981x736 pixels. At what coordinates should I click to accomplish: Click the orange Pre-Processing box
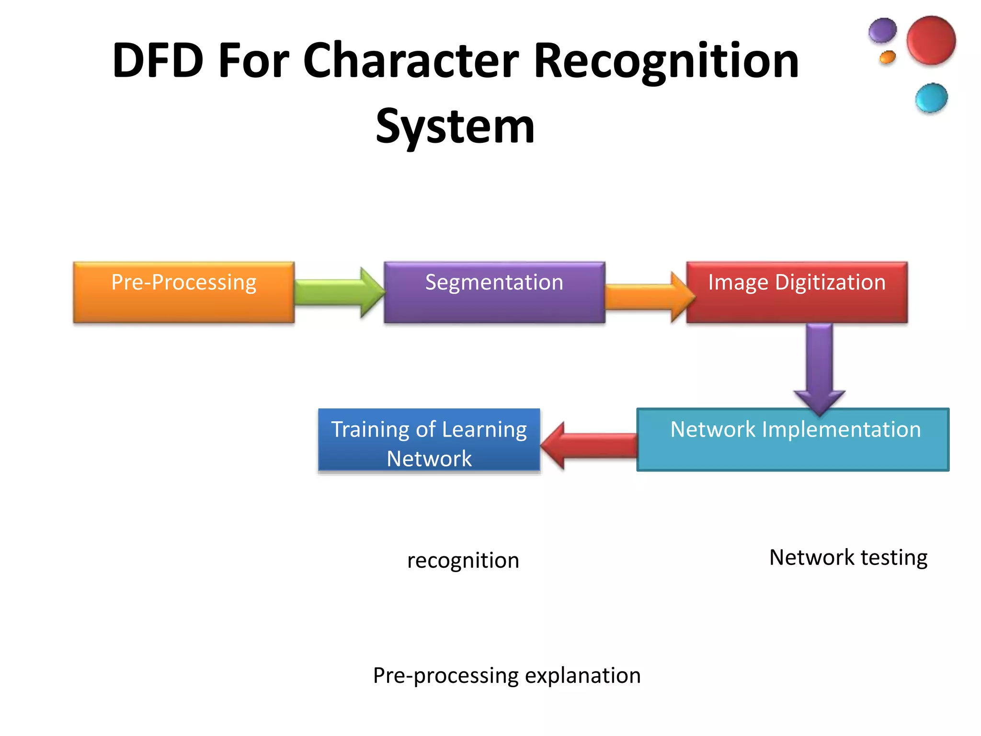[183, 292]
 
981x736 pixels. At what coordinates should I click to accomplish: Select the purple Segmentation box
[494, 292]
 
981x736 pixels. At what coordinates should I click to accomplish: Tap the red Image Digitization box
[797, 292]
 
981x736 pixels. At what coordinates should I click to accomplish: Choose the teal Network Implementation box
[793, 440]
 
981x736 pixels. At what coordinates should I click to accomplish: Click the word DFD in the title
[158, 61]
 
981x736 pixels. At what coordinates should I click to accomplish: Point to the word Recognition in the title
[666, 61]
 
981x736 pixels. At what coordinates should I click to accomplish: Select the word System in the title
[455, 126]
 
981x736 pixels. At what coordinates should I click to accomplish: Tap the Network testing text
[848, 558]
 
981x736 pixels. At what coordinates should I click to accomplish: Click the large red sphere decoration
[931, 40]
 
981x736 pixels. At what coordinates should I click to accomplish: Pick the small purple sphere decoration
[882, 31]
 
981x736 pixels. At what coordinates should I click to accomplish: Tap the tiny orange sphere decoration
[887, 57]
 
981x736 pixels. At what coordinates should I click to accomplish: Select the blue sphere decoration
[931, 98]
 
